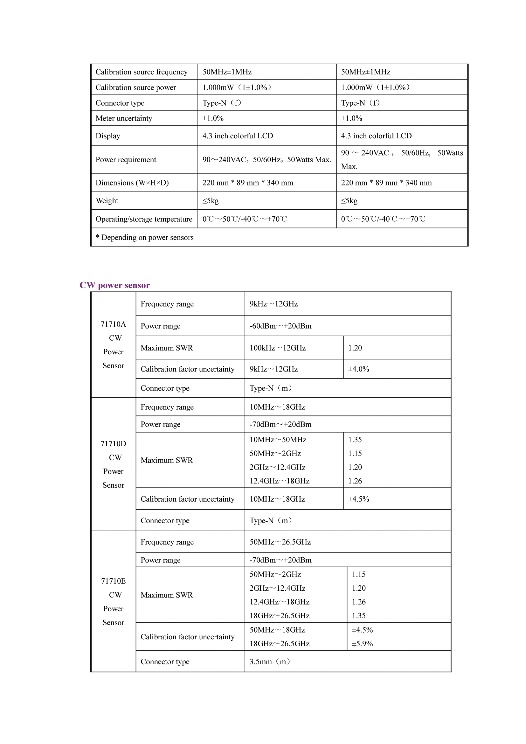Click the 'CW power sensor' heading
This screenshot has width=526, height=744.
(x=115, y=285)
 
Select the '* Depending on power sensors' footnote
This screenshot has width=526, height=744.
(x=144, y=238)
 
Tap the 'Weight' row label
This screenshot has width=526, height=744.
(x=107, y=201)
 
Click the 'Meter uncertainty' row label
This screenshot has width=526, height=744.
(x=124, y=118)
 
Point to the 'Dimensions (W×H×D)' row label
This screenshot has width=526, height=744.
(x=132, y=183)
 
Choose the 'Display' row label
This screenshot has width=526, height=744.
(x=108, y=136)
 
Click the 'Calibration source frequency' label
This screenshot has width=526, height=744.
(x=142, y=72)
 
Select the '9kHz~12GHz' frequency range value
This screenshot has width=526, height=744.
(x=274, y=304)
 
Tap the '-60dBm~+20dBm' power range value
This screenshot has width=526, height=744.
(x=280, y=326)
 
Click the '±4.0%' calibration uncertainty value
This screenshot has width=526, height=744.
(x=358, y=369)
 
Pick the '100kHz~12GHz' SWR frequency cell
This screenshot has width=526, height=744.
(x=278, y=348)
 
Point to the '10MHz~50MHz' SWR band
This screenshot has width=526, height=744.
(x=278, y=440)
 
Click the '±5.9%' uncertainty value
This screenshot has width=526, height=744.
(x=362, y=643)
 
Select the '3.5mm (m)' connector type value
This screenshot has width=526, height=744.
(x=270, y=662)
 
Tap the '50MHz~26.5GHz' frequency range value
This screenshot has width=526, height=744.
(x=280, y=542)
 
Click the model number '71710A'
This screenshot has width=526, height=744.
(x=113, y=324)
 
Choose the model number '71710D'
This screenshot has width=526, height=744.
(x=113, y=444)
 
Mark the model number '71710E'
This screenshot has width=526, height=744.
(x=113, y=581)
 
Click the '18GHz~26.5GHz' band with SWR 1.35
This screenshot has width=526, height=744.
(x=280, y=616)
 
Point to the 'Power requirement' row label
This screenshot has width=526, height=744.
(x=126, y=160)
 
